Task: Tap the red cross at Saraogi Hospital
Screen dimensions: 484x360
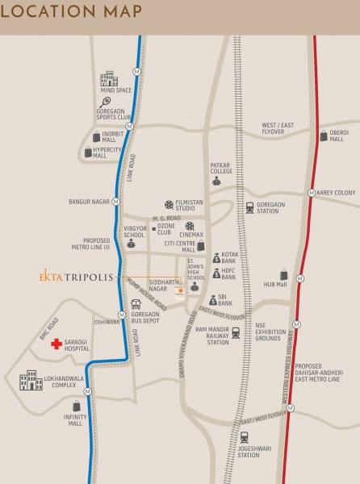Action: click(56, 344)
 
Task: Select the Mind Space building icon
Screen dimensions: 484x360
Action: click(108, 79)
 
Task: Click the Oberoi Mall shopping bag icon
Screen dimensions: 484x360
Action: click(321, 136)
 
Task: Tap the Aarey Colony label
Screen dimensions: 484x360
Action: click(336, 193)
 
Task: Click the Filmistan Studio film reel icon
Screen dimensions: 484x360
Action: click(168, 205)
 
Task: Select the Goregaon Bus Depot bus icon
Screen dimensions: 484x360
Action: click(136, 306)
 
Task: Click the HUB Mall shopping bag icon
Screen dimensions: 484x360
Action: click(283, 275)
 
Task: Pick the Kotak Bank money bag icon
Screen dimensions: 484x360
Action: click(216, 258)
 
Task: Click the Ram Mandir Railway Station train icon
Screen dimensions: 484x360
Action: click(237, 332)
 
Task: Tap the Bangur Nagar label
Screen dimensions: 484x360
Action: click(90, 200)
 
